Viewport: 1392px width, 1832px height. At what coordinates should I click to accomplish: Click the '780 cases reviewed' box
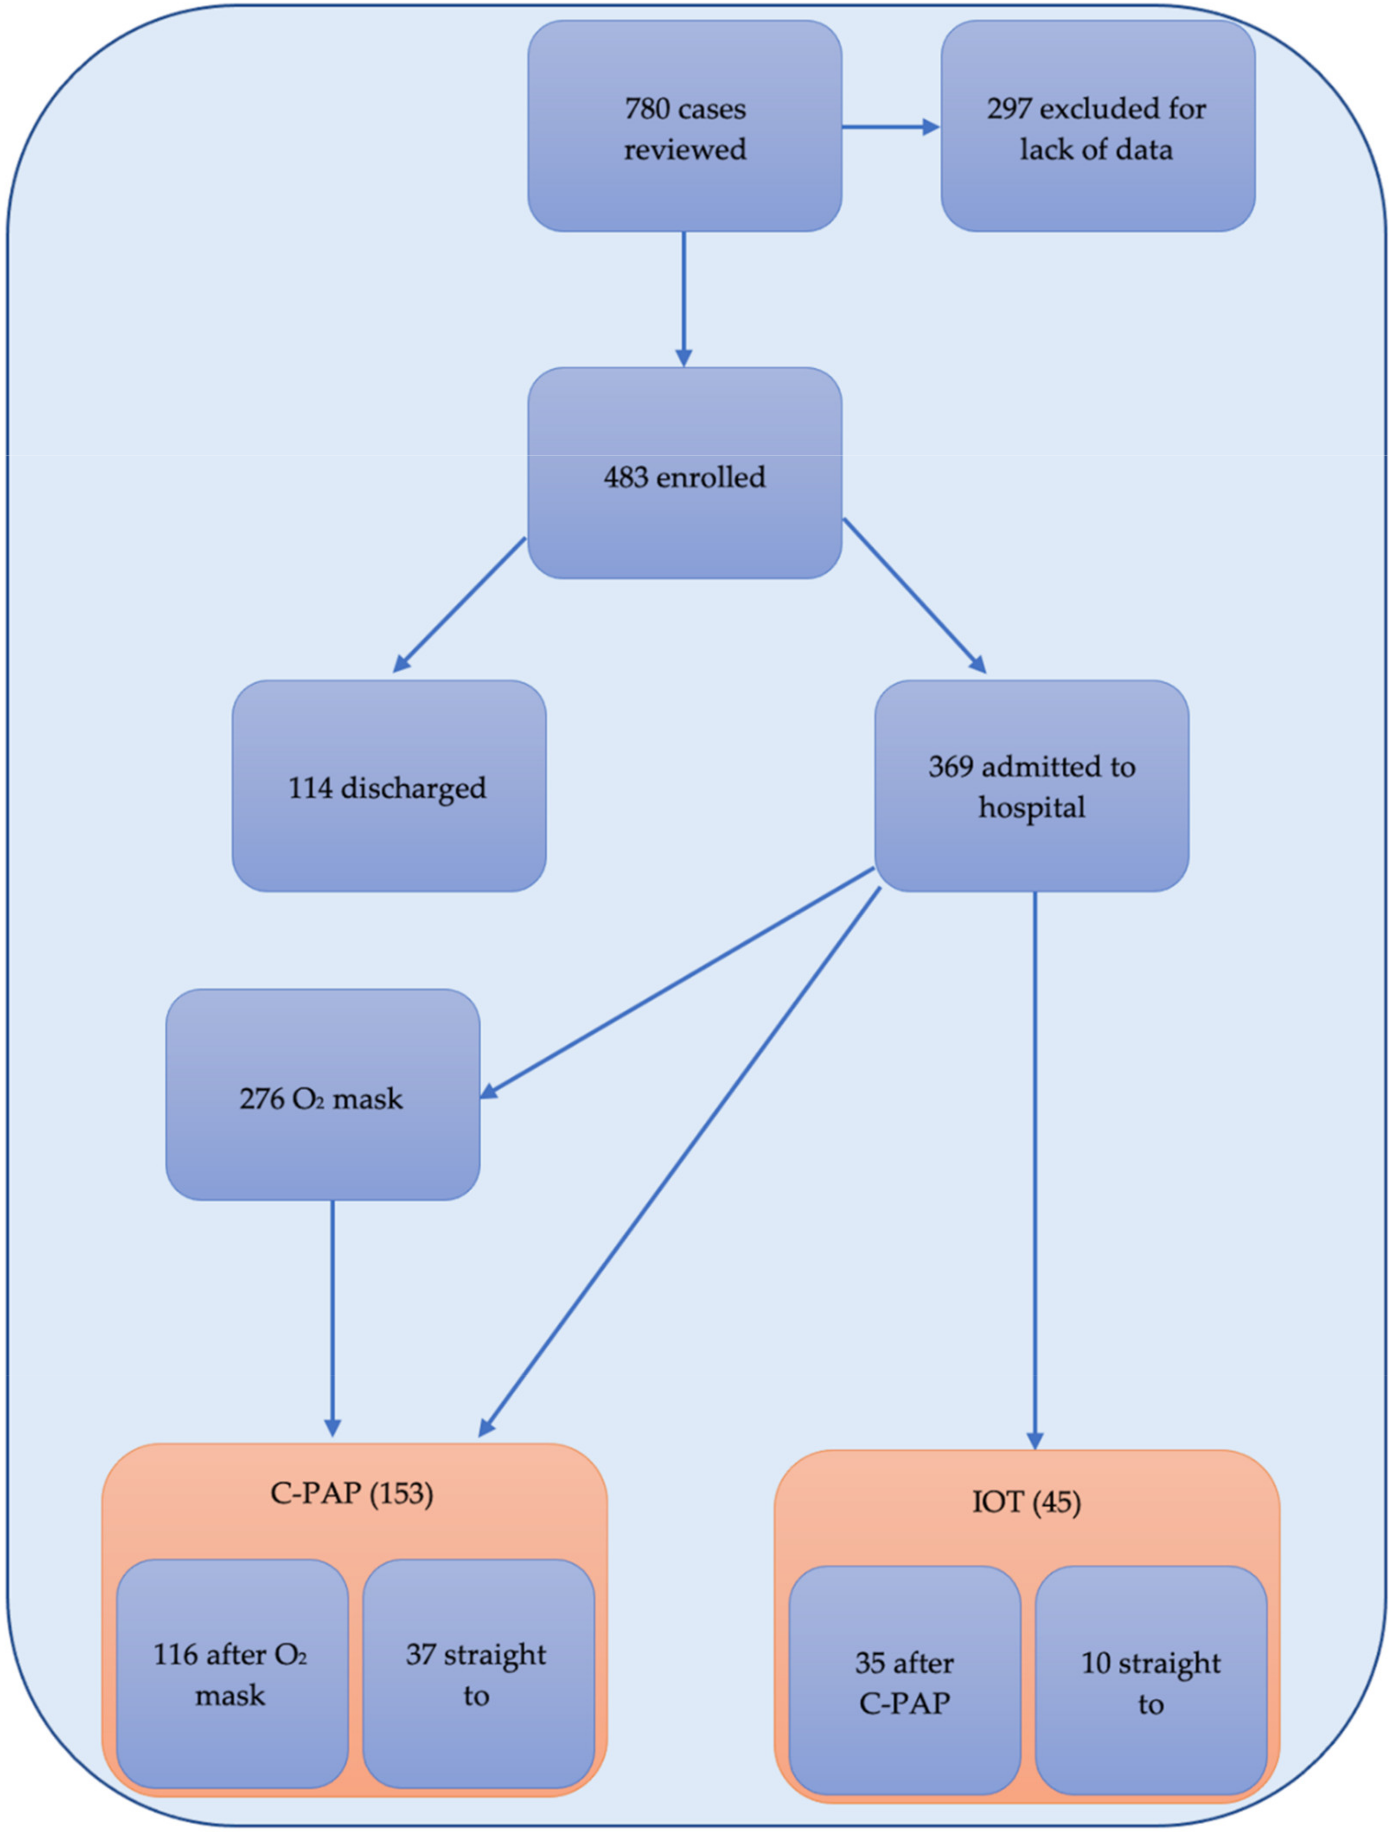[x=684, y=126]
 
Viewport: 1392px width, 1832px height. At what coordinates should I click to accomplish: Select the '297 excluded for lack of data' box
[x=1097, y=126]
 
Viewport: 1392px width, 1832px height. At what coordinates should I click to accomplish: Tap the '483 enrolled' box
[x=684, y=473]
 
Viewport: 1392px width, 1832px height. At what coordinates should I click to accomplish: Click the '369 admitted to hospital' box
[x=1031, y=787]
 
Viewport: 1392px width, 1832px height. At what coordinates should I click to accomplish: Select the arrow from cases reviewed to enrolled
[x=683, y=298]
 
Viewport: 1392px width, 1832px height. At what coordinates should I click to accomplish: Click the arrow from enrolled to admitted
[x=914, y=595]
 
